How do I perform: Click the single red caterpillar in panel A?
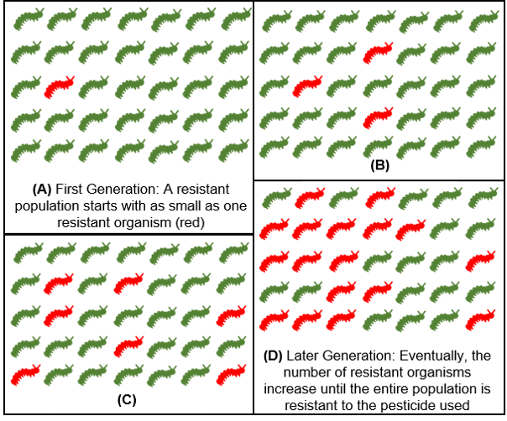pos(58,86)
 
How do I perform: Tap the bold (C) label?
pos(127,399)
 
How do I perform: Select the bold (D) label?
pos(274,355)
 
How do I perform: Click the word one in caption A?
pos(217,205)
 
